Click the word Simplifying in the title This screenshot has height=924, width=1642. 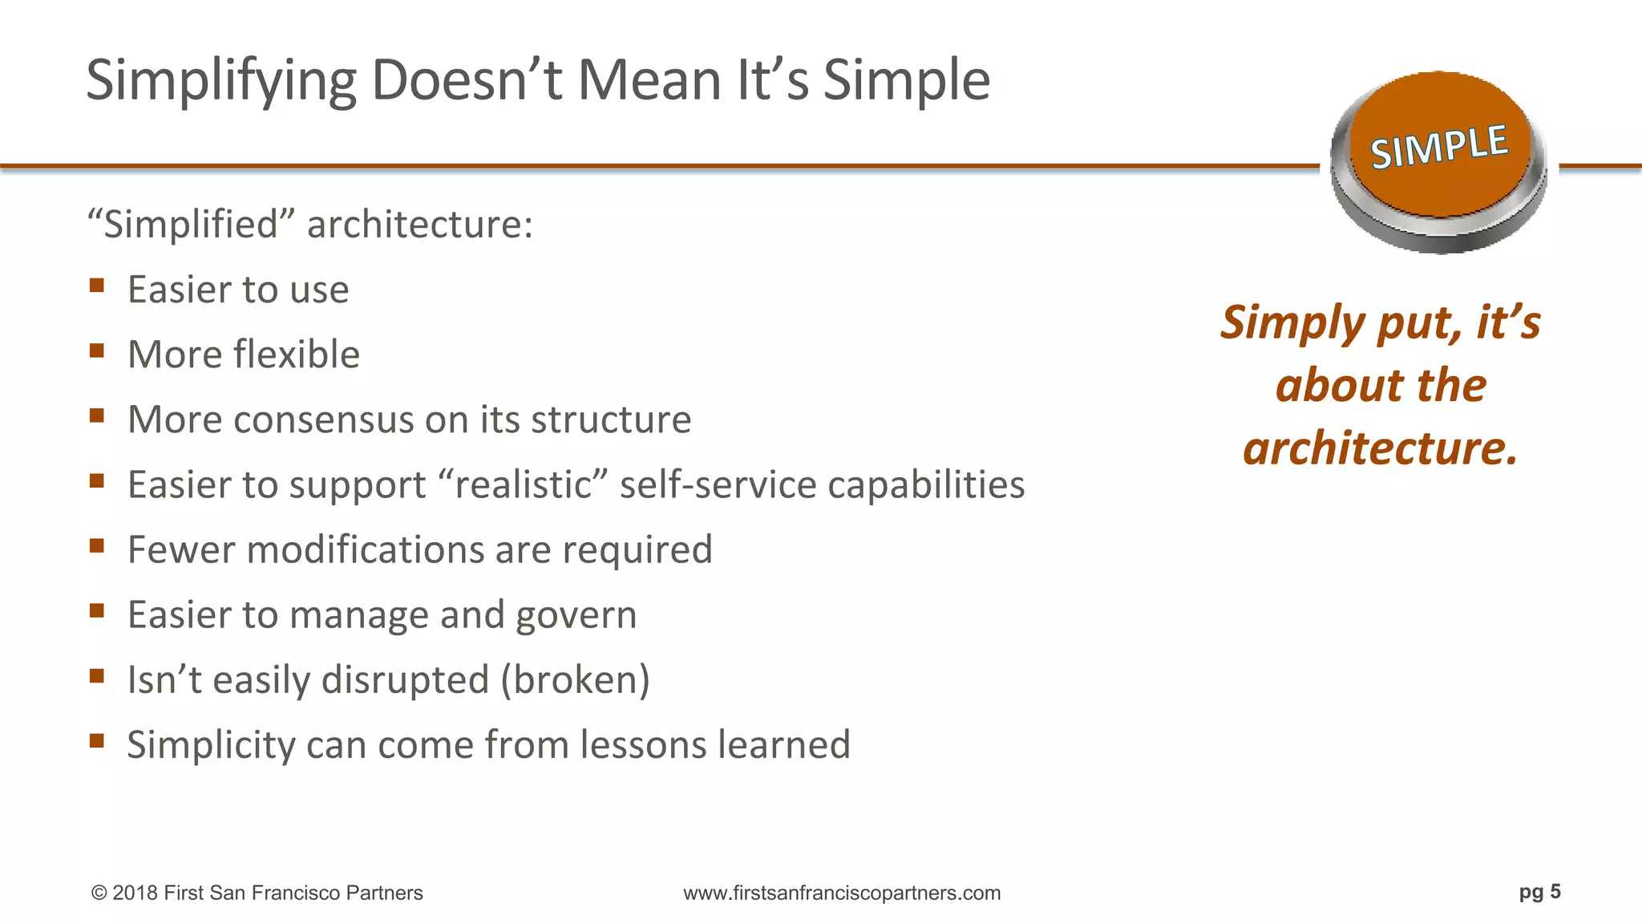tap(220, 82)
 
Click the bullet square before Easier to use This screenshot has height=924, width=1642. tap(97, 286)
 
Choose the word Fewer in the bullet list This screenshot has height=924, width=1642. tap(180, 550)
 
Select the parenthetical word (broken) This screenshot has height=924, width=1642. tap(575, 680)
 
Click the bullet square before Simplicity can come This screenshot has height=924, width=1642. tap(97, 740)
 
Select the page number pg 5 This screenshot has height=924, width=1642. tap(1539, 892)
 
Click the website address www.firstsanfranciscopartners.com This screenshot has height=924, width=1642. tap(842, 894)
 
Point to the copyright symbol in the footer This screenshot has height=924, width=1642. tap(99, 894)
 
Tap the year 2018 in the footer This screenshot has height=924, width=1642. tap(135, 894)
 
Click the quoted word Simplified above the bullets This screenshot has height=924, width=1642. tap(192, 225)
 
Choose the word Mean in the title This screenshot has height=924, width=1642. tap(649, 82)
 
